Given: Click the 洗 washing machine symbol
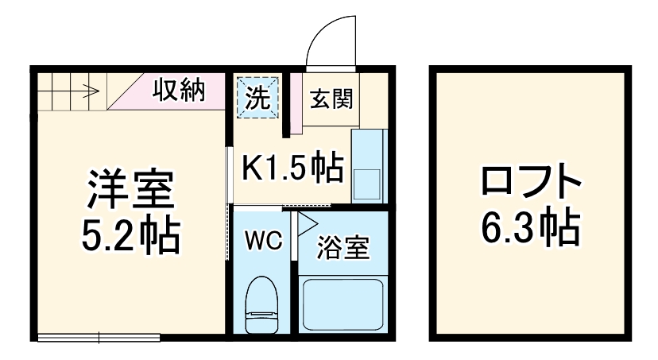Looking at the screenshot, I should point(258,98).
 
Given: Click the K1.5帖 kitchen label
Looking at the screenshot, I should point(292,168).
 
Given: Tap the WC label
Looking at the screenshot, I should point(263,241).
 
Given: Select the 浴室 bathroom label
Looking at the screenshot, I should point(343,247).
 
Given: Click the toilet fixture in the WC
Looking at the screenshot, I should point(262,304).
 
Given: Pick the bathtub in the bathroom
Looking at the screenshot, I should point(343,303).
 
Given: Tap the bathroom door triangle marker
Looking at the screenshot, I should point(306,222).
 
